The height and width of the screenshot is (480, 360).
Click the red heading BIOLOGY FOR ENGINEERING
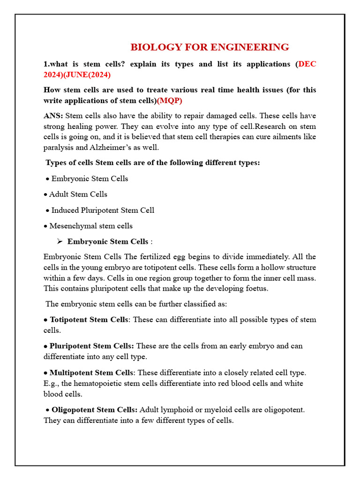210,47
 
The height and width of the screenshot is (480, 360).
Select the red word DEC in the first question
307,64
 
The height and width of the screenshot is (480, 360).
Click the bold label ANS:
53,115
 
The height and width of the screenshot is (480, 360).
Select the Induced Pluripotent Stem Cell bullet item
102,210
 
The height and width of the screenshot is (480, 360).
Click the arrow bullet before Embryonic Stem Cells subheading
60,241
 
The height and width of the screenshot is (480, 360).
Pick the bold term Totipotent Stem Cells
89,320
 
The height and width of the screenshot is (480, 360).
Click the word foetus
256,288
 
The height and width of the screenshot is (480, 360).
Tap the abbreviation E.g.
50,383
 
